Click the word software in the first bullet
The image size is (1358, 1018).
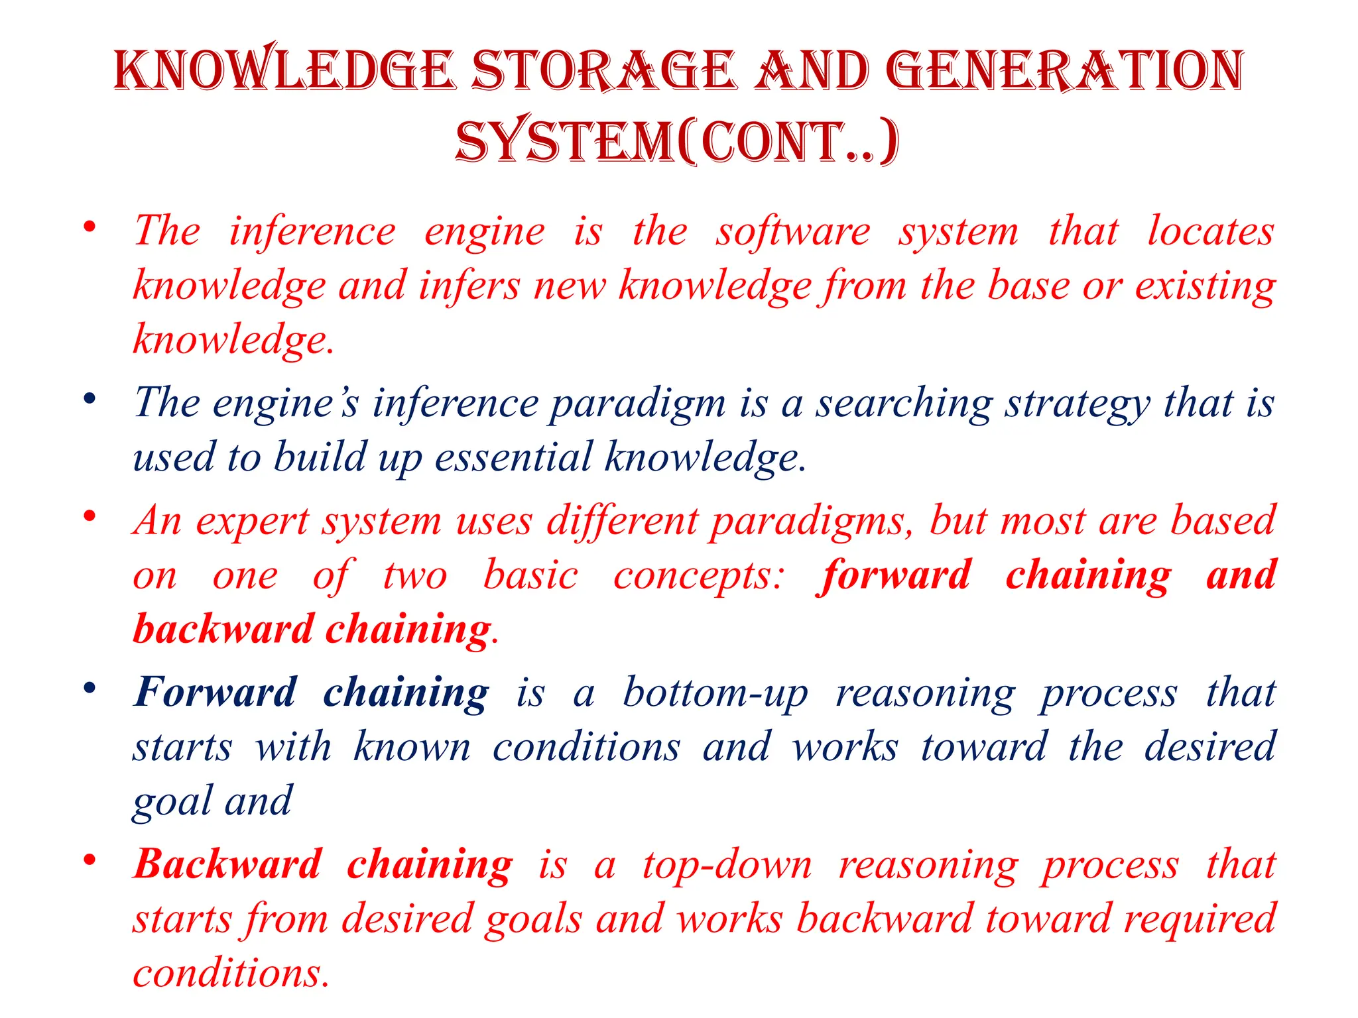tap(793, 232)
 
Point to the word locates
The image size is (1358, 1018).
tap(1211, 232)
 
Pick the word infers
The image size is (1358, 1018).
tap(469, 286)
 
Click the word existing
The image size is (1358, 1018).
tap(1205, 286)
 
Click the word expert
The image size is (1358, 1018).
tap(252, 522)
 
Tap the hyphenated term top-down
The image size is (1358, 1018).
tap(727, 866)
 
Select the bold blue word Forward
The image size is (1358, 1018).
tap(215, 693)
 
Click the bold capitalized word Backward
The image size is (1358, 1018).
tap(227, 864)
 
